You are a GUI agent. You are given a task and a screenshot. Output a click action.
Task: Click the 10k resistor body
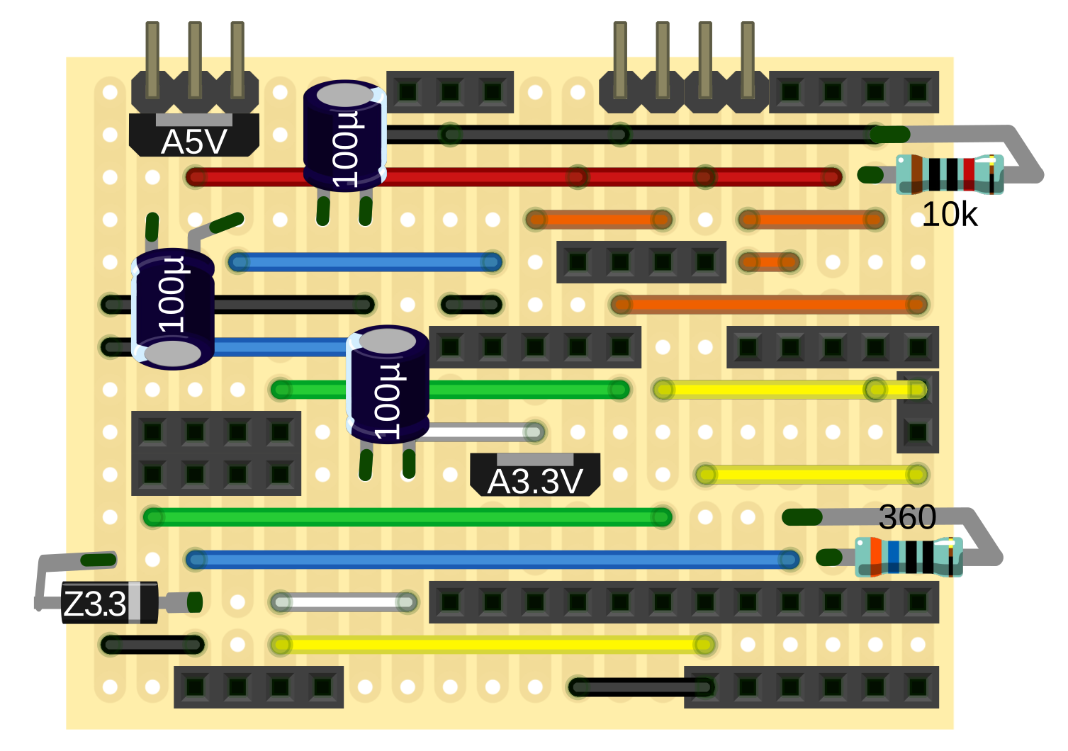point(950,175)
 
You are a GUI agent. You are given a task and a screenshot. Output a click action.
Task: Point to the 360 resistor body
point(909,557)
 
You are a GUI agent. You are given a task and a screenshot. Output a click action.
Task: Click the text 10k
point(949,214)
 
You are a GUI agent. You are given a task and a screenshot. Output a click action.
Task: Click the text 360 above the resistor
point(907,517)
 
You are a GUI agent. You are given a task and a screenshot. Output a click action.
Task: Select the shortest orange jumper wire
point(769,262)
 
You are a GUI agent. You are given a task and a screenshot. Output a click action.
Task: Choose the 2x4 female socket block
point(216,453)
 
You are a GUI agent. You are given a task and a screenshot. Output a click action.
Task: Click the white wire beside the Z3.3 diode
point(344,603)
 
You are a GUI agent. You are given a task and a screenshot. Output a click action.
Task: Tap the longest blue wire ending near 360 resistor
point(493,560)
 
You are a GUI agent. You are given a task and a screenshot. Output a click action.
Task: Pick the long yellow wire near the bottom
point(493,645)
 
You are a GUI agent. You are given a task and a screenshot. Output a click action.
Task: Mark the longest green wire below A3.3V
point(407,517)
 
